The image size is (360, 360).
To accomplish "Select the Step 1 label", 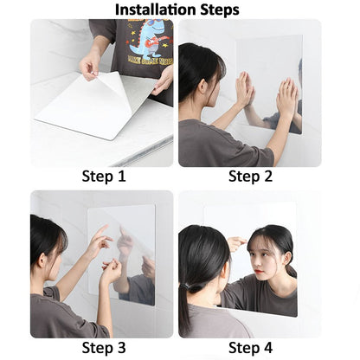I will click(104, 177).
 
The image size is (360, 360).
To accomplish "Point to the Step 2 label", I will click(250, 177).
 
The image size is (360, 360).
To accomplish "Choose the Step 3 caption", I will click(104, 348).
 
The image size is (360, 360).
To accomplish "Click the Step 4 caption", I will click(250, 348).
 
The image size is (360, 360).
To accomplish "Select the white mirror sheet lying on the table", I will click(78, 112).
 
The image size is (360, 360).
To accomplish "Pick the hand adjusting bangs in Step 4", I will click(235, 244).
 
